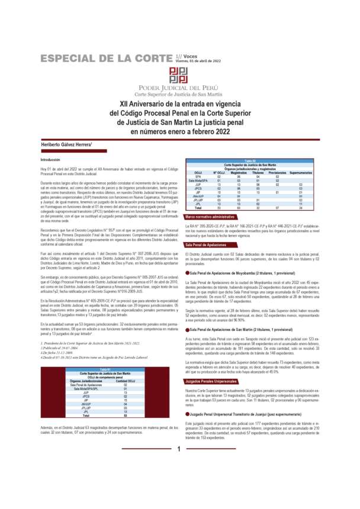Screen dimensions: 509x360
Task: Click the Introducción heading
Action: tap(50, 160)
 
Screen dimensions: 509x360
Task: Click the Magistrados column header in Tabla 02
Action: tap(239, 172)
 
